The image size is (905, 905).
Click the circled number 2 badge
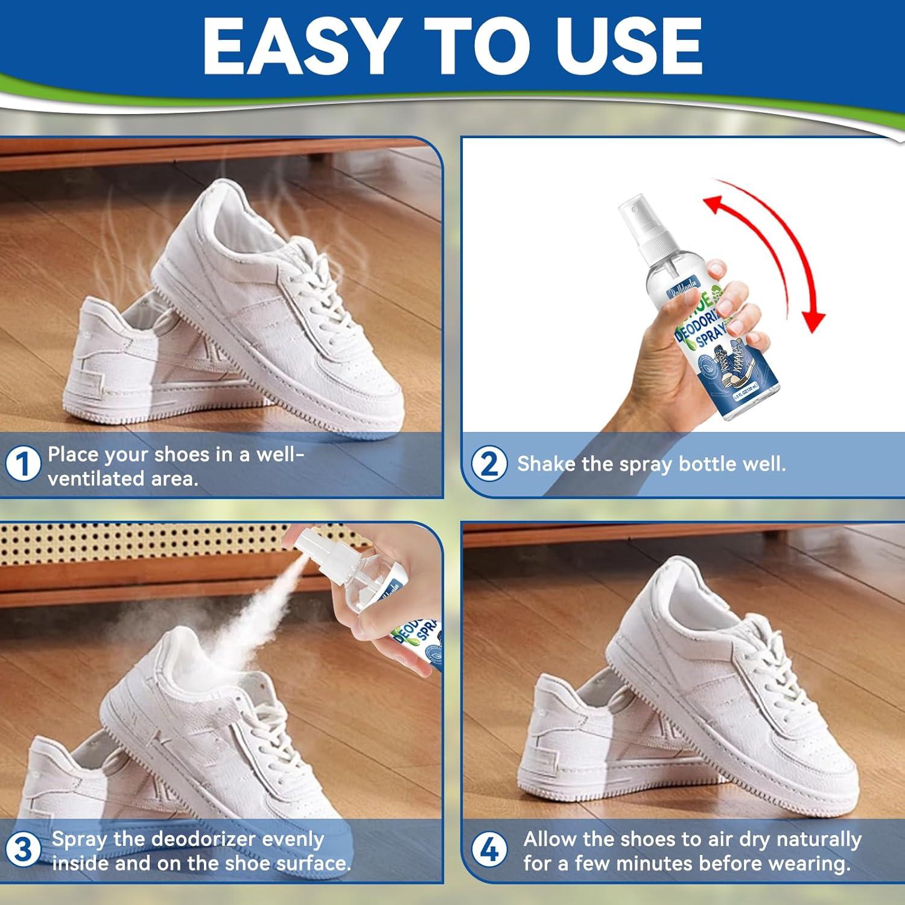489,464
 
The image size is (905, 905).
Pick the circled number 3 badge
23,850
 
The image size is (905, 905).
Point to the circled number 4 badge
489,850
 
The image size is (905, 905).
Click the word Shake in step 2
546,463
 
